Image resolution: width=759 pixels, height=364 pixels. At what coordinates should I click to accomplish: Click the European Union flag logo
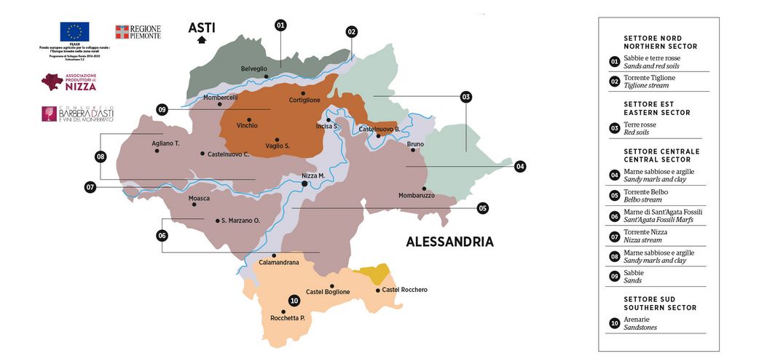[x=74, y=31]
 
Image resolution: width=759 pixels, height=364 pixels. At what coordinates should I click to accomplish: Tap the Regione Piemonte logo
[x=138, y=32]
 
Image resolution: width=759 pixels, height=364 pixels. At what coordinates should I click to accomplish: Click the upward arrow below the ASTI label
[x=201, y=41]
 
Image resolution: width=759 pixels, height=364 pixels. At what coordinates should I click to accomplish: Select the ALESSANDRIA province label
[x=449, y=242]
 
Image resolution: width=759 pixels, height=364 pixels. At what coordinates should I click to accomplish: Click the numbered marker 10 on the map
[x=294, y=301]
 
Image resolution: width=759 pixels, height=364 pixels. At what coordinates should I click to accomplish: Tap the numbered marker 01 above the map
[x=281, y=25]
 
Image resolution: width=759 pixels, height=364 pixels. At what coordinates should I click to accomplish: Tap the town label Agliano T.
[x=165, y=143]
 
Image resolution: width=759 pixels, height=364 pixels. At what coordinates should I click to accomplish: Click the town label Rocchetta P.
[x=287, y=318]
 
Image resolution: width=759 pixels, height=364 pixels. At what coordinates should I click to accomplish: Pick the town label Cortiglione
[x=304, y=100]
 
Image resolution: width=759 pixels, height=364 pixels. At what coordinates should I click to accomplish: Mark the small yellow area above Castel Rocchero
[x=374, y=274]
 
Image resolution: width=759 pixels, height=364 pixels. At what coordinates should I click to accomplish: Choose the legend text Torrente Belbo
[x=645, y=191]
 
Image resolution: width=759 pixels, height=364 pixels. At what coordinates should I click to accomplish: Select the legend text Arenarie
[x=637, y=319]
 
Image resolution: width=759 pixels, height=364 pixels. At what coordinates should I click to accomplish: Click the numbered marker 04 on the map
[x=520, y=166]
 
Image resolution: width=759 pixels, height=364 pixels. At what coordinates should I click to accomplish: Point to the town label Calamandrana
[x=279, y=263]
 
